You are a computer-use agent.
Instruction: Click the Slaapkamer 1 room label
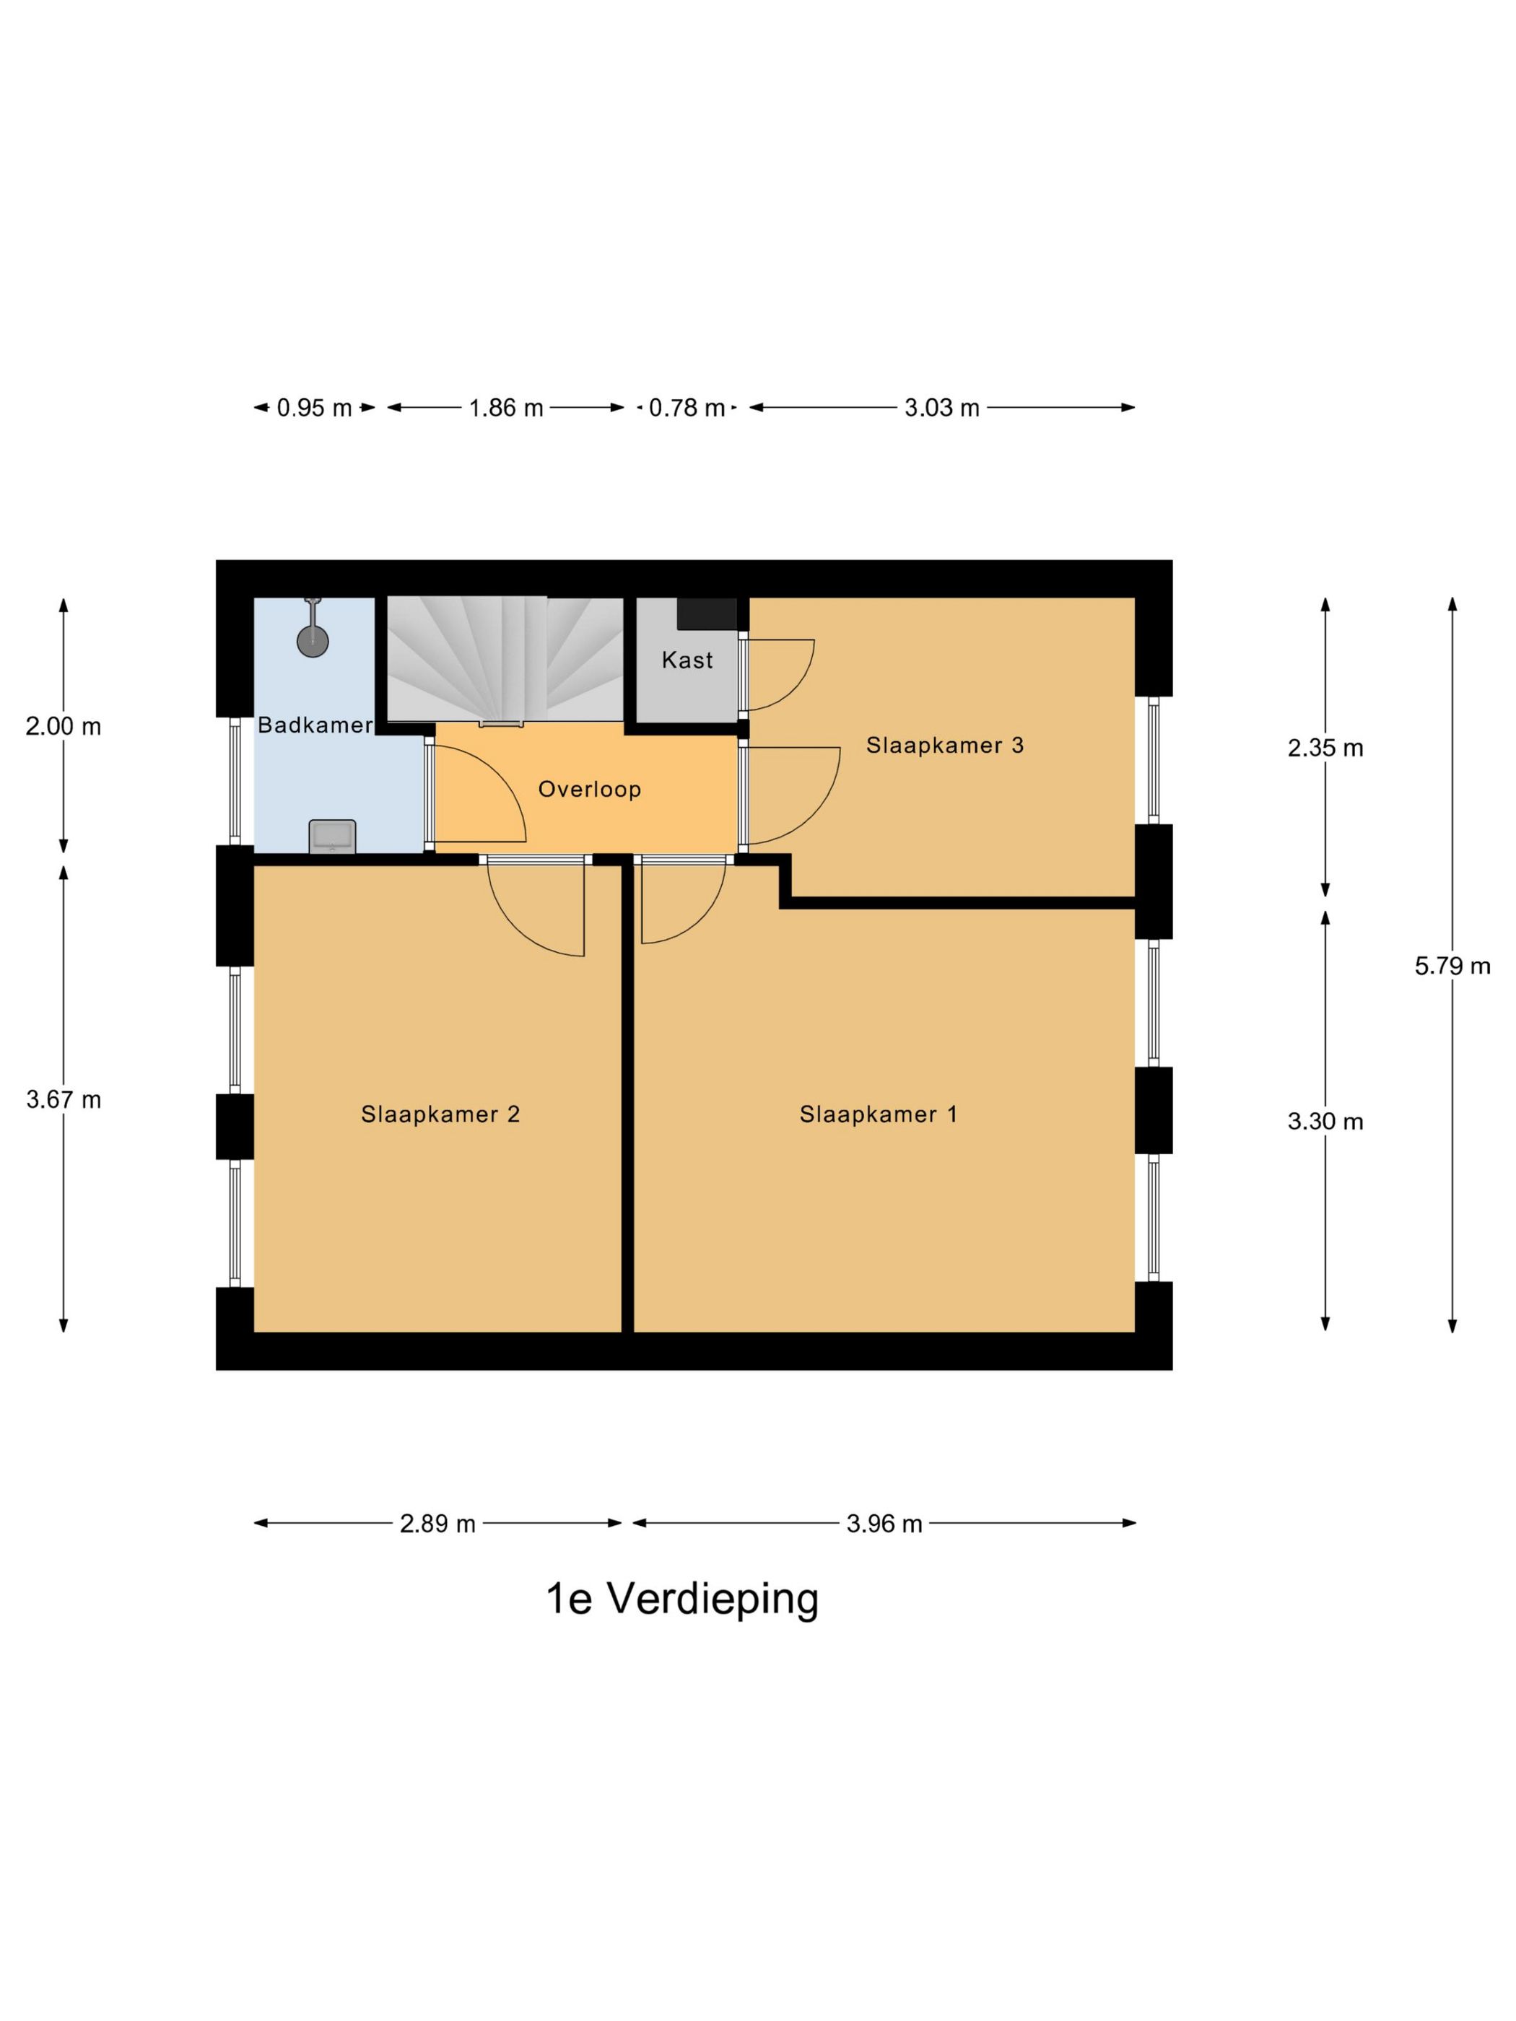coord(877,1114)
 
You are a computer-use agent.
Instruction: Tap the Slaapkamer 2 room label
coord(440,1114)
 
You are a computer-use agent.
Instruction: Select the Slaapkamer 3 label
coord(944,746)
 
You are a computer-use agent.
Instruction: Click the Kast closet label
coord(687,660)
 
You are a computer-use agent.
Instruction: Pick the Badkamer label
coord(314,725)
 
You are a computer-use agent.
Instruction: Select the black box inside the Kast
coord(705,613)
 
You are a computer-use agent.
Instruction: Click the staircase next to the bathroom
coord(505,658)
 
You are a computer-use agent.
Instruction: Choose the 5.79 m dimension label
coord(1452,966)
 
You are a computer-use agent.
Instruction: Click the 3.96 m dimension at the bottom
coord(884,1523)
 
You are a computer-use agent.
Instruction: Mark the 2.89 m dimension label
coord(437,1523)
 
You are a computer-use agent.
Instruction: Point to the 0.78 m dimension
coord(687,408)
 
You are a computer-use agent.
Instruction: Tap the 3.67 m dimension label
coord(63,1099)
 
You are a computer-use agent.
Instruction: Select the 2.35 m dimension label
coord(1325,748)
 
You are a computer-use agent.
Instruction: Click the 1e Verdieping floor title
coord(681,1623)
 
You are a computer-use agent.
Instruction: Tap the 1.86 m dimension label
coord(505,408)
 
